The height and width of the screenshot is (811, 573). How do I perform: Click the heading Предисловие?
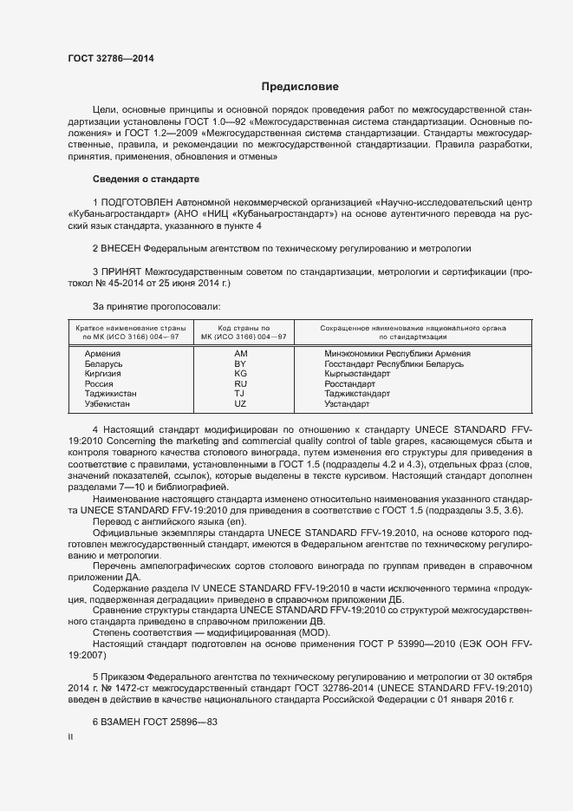(301, 87)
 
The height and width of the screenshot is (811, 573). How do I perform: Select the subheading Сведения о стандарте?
(146, 179)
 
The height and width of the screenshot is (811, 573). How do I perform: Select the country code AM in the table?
(240, 354)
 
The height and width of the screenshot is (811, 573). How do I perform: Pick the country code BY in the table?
(240, 364)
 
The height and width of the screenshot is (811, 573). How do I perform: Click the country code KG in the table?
(240, 374)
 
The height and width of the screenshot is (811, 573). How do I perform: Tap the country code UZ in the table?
(240, 404)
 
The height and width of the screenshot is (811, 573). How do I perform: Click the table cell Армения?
(101, 354)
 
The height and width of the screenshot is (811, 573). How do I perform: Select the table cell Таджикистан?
(110, 394)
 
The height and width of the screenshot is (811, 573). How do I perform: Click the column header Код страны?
(240, 327)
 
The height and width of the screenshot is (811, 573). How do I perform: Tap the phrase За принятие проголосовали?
(156, 305)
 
